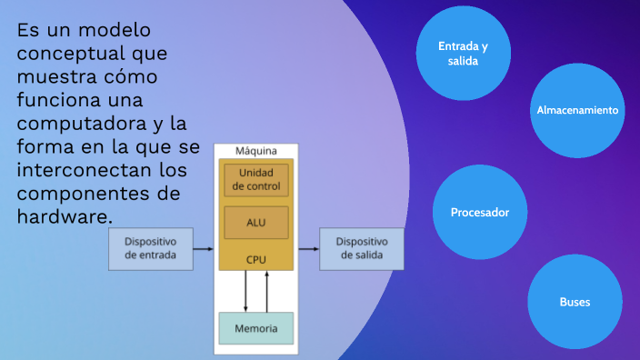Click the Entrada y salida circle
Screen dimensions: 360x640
(463, 53)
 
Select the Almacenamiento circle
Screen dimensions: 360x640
(577, 110)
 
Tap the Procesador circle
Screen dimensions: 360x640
(479, 213)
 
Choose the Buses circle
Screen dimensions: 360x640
(575, 302)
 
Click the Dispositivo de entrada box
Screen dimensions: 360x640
(151, 248)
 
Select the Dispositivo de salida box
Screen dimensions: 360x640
(362, 248)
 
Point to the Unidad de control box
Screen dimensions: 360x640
(256, 180)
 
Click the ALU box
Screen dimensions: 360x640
(256, 222)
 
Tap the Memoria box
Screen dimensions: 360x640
(256, 327)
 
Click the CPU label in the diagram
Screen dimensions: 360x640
(256, 260)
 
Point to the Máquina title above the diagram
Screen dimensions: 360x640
(256, 151)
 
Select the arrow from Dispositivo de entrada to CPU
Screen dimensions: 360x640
(205, 248)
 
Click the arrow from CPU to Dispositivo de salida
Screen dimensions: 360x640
(306, 248)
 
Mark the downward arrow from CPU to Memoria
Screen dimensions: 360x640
(245, 291)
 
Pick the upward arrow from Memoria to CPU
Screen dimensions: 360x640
(266, 291)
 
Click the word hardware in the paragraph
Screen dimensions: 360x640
(64, 216)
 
